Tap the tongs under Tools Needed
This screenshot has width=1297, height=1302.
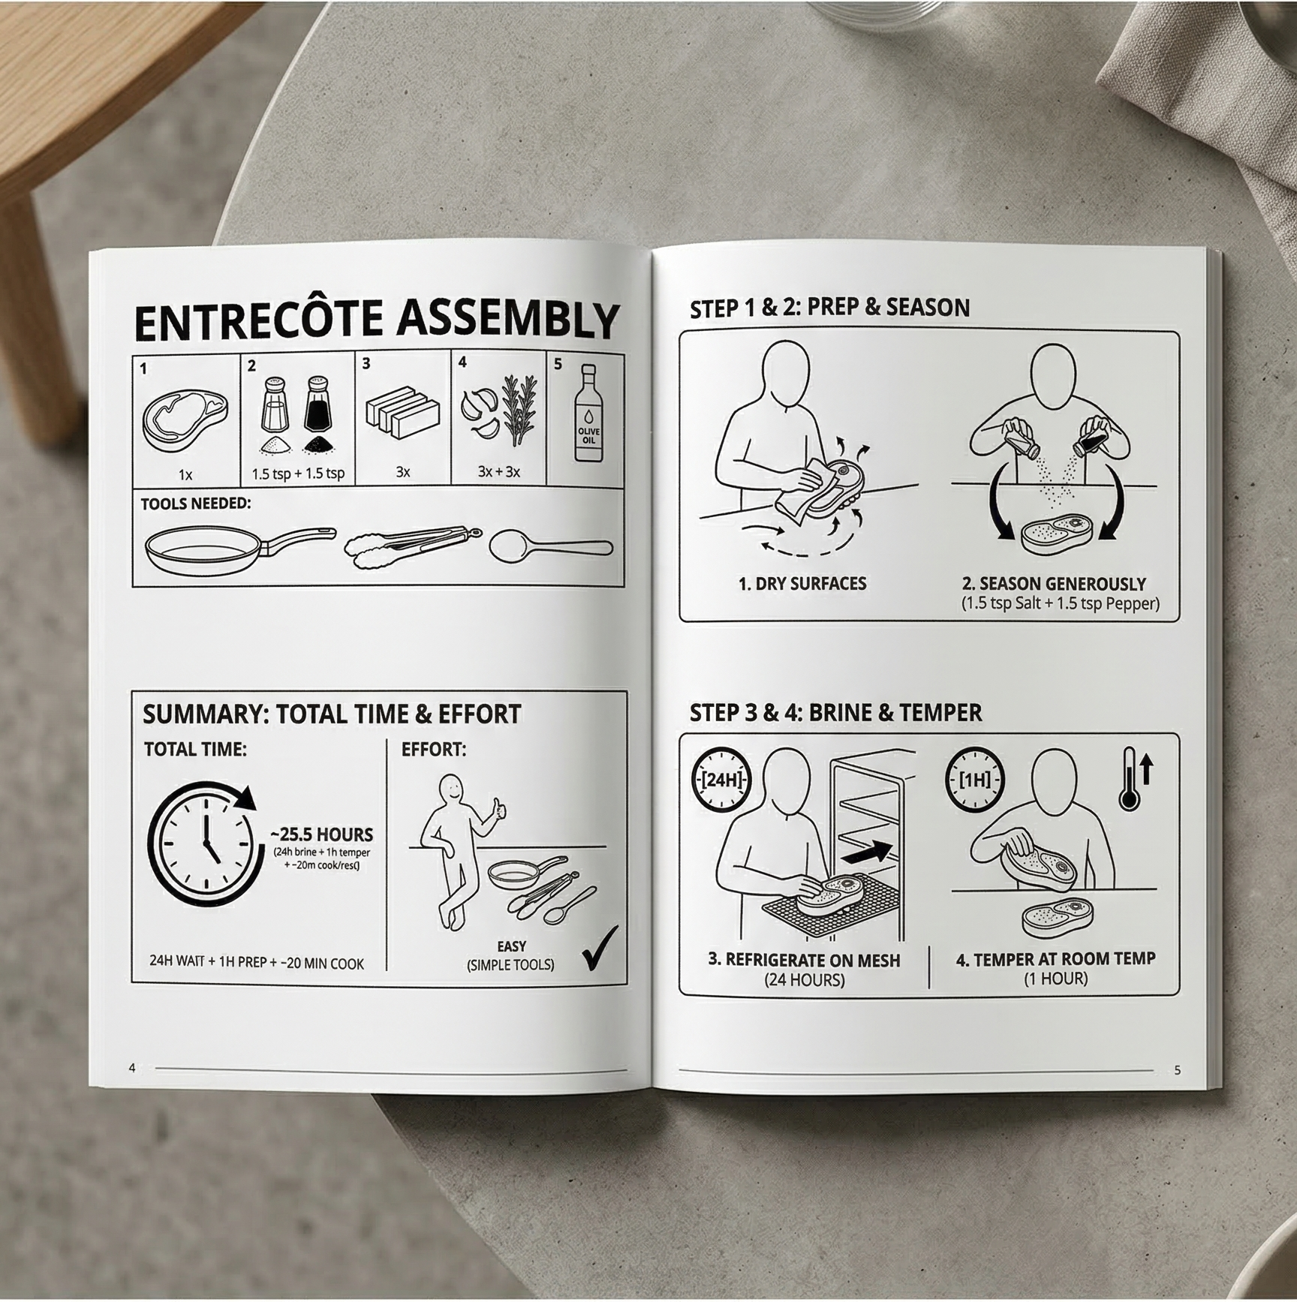coord(412,546)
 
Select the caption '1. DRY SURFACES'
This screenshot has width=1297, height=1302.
coord(802,584)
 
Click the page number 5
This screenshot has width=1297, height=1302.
coord(1177,1070)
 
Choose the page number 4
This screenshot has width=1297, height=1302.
coord(132,1068)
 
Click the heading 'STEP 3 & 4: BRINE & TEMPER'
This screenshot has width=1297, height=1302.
coord(835,712)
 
